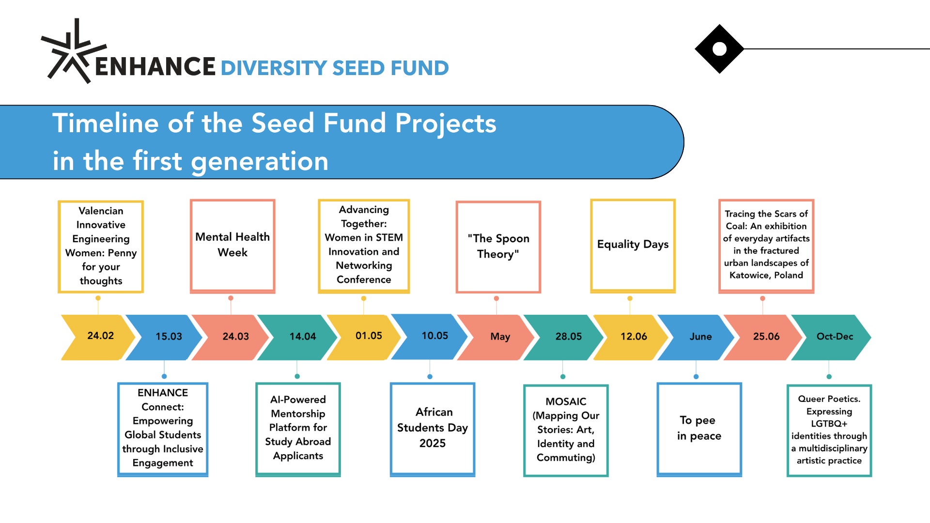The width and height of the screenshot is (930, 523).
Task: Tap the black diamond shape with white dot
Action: [x=719, y=49]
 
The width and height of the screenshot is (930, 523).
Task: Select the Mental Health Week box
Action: [x=232, y=246]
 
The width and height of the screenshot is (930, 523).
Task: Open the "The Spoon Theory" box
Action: [x=498, y=247]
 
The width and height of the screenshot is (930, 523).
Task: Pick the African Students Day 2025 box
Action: [x=433, y=430]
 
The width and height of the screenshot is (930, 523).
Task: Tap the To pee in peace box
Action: [x=699, y=430]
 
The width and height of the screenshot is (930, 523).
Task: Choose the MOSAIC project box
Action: [x=566, y=431]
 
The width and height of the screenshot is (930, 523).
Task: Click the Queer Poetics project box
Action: [x=829, y=431]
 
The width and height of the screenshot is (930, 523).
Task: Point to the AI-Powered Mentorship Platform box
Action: [x=298, y=430]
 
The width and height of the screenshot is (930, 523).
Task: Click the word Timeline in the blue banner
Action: [x=106, y=123]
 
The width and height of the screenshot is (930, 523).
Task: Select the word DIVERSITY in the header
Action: [x=274, y=68]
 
